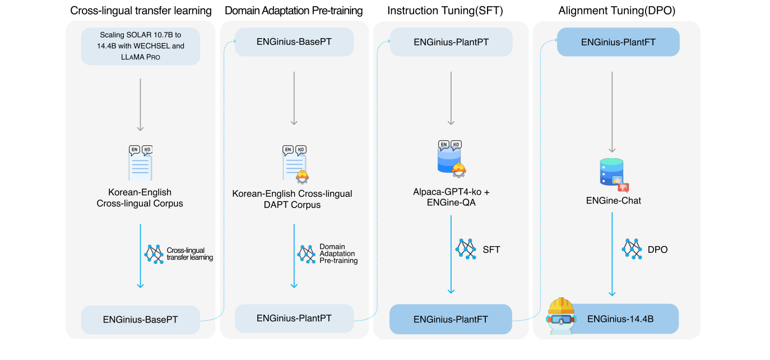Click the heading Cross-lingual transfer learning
(x=141, y=11)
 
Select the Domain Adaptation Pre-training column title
(x=294, y=11)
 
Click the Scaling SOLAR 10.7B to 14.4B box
(x=140, y=47)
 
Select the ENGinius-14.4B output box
(x=620, y=319)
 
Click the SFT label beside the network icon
(x=491, y=249)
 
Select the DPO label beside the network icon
(x=657, y=249)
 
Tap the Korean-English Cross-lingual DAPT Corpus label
(x=293, y=199)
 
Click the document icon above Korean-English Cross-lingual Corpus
(x=140, y=163)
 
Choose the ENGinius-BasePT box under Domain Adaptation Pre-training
(x=294, y=42)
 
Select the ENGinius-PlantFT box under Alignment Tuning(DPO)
(x=618, y=42)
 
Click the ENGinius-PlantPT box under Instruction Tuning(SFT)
(x=451, y=42)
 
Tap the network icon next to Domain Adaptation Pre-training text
(x=306, y=253)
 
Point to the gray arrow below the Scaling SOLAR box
(x=140, y=104)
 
